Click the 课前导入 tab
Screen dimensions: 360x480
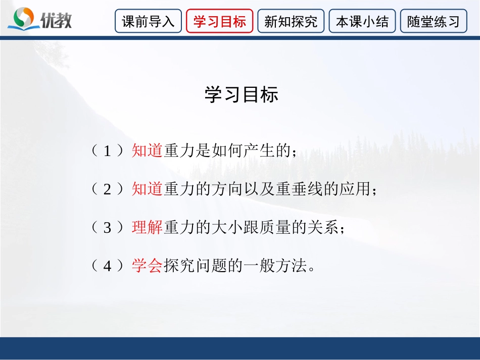148,22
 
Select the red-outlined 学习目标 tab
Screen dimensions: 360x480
220,22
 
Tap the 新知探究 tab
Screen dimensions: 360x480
291,22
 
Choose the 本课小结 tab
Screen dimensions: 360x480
362,22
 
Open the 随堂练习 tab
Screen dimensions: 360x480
434,22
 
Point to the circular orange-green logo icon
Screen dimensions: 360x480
23,18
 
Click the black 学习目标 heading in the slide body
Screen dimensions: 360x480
241,95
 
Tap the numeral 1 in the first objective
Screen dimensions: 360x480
107,151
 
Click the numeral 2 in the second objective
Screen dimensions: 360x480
107,189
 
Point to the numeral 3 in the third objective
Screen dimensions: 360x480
107,228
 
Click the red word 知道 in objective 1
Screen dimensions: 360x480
147,151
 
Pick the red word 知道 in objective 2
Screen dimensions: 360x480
147,189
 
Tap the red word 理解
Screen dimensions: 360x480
147,228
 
